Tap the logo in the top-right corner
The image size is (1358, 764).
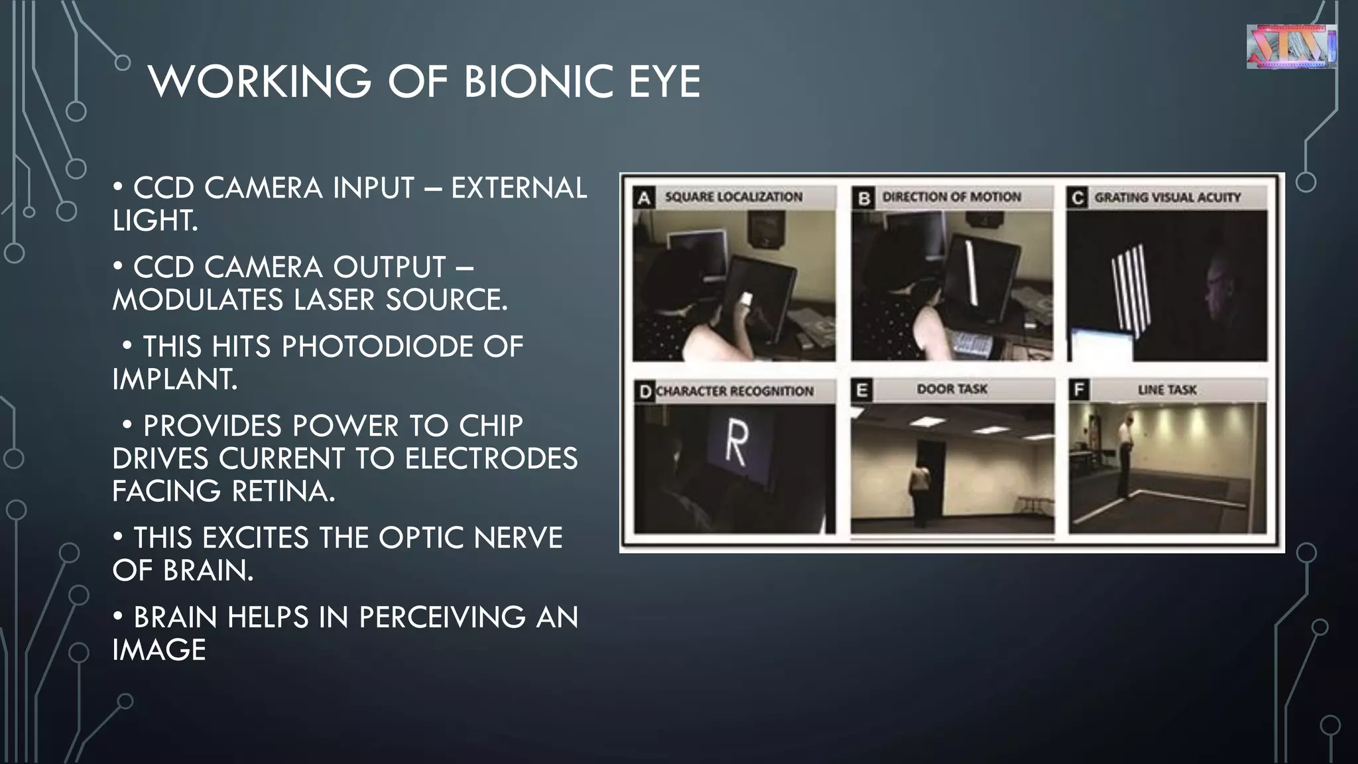1291,46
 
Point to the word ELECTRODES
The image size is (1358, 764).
491,459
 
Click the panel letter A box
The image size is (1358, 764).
644,198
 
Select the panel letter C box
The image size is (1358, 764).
1078,198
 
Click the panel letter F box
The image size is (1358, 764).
1079,389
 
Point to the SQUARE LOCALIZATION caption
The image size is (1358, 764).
733,197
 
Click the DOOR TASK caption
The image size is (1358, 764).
952,389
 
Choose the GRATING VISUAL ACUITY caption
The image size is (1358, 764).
1167,198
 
